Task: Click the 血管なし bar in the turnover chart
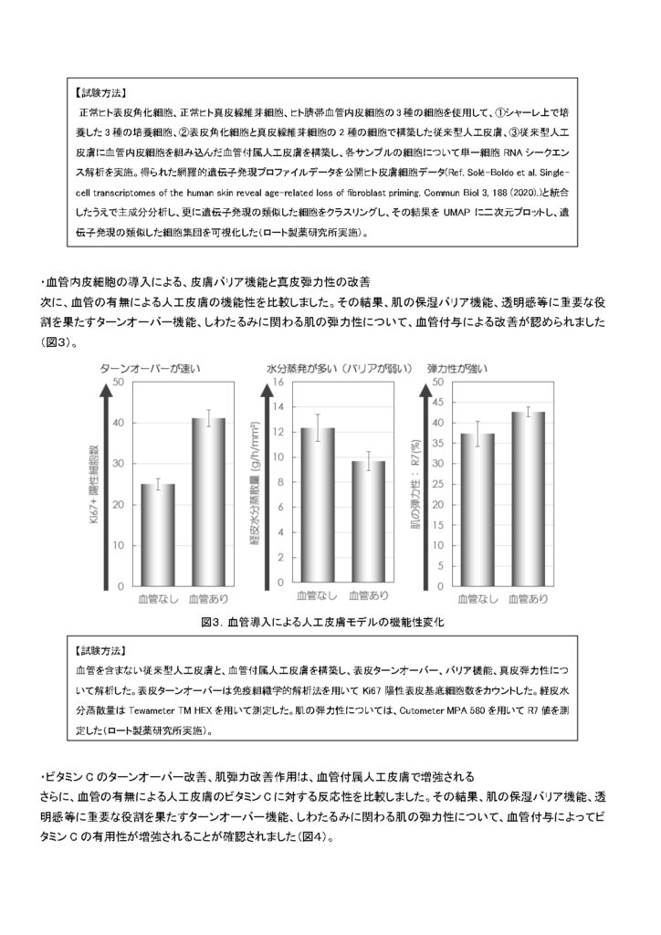point(157,535)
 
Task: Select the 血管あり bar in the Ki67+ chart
point(209,502)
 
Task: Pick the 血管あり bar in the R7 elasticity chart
point(528,499)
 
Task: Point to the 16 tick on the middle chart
point(278,382)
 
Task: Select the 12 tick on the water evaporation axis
point(278,432)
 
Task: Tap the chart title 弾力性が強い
point(457,369)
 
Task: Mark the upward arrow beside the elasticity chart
point(423,484)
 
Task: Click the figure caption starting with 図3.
point(329,621)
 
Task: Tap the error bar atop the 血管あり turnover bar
point(209,417)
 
